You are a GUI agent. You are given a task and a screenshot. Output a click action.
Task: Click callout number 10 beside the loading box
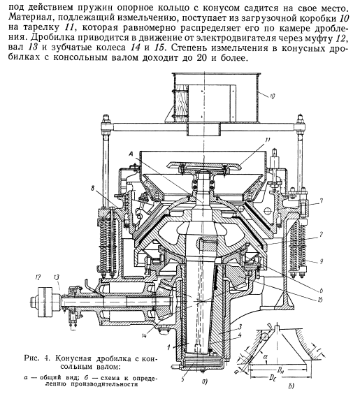coord(273,96)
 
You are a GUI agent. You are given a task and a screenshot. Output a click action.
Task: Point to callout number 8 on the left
coord(93,188)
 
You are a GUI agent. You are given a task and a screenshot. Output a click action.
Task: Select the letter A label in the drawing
coord(131,154)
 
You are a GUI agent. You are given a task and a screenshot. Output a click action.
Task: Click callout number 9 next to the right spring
coord(321,261)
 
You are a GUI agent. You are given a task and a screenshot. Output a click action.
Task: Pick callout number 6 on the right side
coord(321,291)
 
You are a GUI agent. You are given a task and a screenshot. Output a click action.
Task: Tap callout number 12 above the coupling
coord(38,277)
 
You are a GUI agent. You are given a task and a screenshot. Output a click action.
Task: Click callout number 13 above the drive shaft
coord(57,277)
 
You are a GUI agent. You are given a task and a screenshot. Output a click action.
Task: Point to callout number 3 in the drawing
coord(240,327)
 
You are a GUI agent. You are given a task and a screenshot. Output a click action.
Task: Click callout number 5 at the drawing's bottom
coord(182,379)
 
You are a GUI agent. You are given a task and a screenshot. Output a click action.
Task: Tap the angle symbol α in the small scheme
coord(266,356)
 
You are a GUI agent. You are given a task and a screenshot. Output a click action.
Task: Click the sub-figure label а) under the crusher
coord(204,382)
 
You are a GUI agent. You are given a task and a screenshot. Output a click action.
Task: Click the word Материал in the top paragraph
coord(29,17)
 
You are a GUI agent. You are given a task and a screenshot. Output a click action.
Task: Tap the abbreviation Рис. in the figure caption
coord(32,358)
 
